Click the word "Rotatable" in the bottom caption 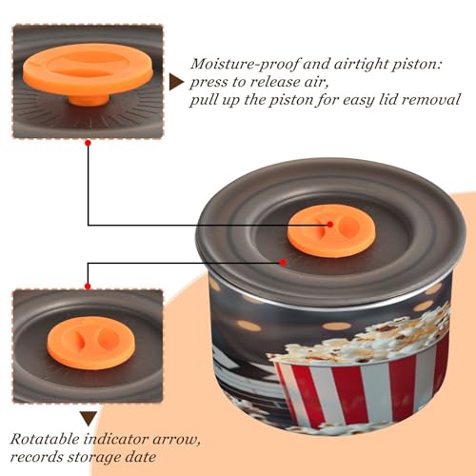click(45, 439)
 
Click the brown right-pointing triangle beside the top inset click(176, 82)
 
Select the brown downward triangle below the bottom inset click(89, 418)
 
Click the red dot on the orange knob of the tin click(330, 225)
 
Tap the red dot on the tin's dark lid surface click(283, 262)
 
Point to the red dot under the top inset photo click(89, 143)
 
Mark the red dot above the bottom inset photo click(88, 287)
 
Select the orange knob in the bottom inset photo click(90, 343)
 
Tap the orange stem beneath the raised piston click(89, 99)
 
